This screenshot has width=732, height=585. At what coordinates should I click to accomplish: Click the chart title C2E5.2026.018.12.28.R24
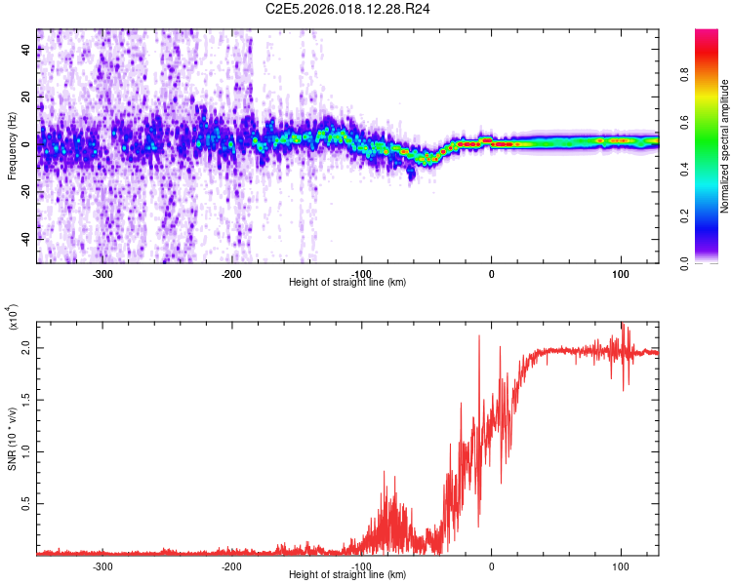pyautogui.click(x=348, y=9)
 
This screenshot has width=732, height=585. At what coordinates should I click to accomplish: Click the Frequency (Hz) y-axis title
pyautogui.click(x=12, y=146)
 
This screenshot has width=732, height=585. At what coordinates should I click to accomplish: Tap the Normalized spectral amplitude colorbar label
pyautogui.click(x=725, y=146)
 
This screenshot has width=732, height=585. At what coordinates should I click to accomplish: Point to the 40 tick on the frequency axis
pyautogui.click(x=25, y=52)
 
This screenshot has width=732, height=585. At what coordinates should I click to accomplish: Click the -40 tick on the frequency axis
pyautogui.click(x=25, y=239)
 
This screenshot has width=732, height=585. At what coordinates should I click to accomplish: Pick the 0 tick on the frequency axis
pyautogui.click(x=25, y=144)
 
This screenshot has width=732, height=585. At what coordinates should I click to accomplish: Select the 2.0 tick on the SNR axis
pyautogui.click(x=25, y=347)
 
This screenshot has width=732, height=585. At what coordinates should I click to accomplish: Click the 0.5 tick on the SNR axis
pyautogui.click(x=25, y=503)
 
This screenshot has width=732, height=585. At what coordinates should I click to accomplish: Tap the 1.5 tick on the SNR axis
pyautogui.click(x=25, y=399)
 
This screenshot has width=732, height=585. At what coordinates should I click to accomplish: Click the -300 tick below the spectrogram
pyautogui.click(x=102, y=274)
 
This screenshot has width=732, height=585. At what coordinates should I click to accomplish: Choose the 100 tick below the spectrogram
pyautogui.click(x=620, y=274)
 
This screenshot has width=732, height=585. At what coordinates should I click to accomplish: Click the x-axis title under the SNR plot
pyautogui.click(x=347, y=576)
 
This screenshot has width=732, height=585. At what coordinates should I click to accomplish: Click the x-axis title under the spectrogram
pyautogui.click(x=347, y=283)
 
